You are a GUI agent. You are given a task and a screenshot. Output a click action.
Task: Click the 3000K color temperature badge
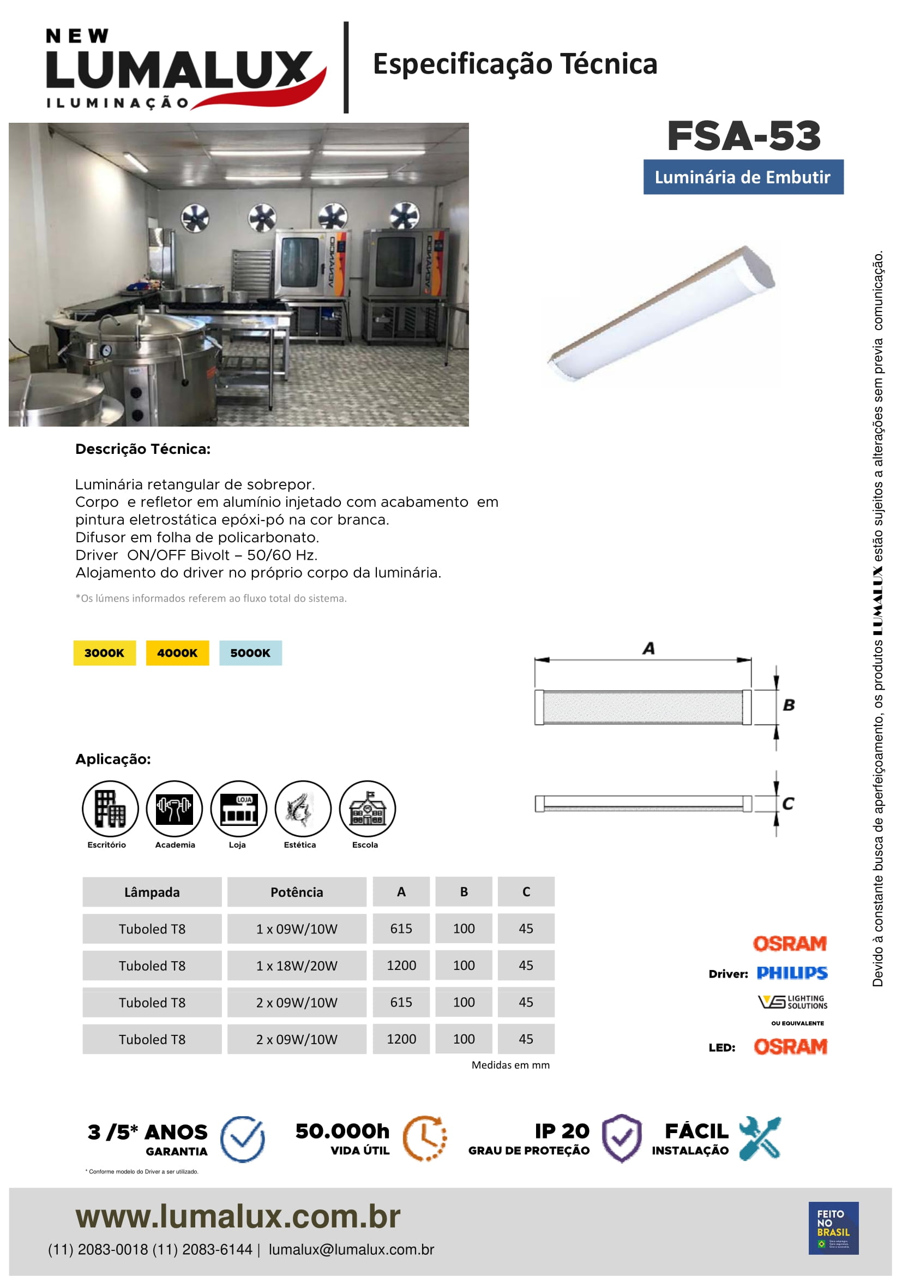[104, 653]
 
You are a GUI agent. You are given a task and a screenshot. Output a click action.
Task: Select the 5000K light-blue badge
[250, 653]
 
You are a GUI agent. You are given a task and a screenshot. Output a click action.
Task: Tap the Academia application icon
[175, 808]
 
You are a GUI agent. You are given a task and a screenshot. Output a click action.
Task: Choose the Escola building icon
[367, 808]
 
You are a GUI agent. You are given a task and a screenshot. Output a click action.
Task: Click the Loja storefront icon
[239, 808]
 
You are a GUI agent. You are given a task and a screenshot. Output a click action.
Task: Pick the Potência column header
[297, 892]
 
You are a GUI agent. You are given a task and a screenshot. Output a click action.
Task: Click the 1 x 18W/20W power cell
[297, 966]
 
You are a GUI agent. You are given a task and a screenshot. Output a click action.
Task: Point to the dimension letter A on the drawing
[648, 649]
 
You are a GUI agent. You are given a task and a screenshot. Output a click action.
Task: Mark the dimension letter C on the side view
[788, 804]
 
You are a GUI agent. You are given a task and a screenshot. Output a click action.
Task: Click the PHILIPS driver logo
[792, 973]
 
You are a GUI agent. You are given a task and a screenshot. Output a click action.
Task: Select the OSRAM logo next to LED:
[790, 1047]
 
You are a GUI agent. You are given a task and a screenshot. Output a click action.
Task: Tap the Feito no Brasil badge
[833, 1228]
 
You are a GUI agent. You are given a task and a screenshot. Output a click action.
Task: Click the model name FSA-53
[744, 136]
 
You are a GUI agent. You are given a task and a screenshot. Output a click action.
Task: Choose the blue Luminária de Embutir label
[743, 177]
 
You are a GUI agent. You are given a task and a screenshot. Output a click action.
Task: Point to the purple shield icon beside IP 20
[622, 1137]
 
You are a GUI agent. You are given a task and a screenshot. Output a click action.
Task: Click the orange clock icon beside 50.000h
[425, 1137]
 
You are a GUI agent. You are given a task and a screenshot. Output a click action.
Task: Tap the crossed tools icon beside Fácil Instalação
[760, 1137]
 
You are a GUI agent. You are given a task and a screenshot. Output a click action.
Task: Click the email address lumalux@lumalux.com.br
[351, 1250]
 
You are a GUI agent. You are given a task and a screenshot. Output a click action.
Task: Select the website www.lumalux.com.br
[238, 1217]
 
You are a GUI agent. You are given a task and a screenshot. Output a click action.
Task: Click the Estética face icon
[303, 808]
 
